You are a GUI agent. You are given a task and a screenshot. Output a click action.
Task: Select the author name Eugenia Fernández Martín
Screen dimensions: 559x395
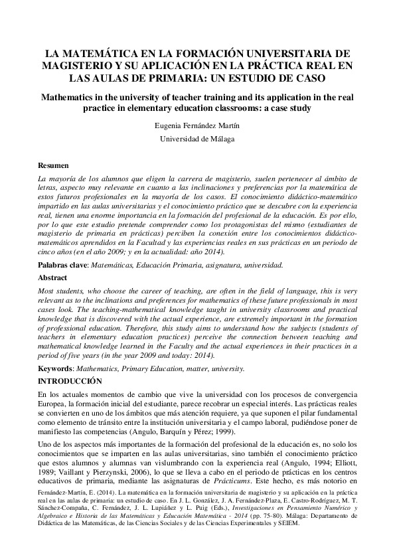pos(198,124)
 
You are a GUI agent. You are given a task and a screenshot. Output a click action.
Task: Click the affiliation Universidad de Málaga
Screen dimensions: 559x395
pos(198,139)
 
